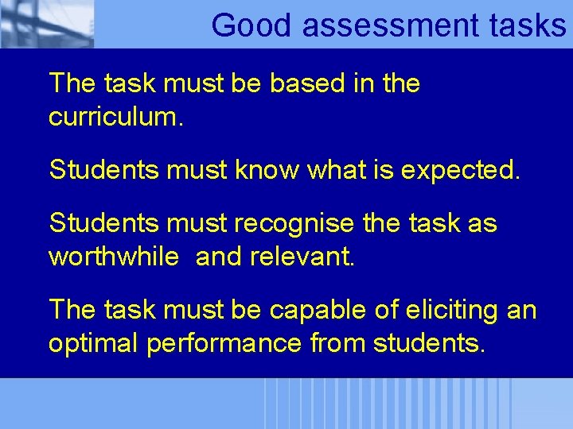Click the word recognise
tap(293, 224)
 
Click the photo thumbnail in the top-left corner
tap(47, 24)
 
